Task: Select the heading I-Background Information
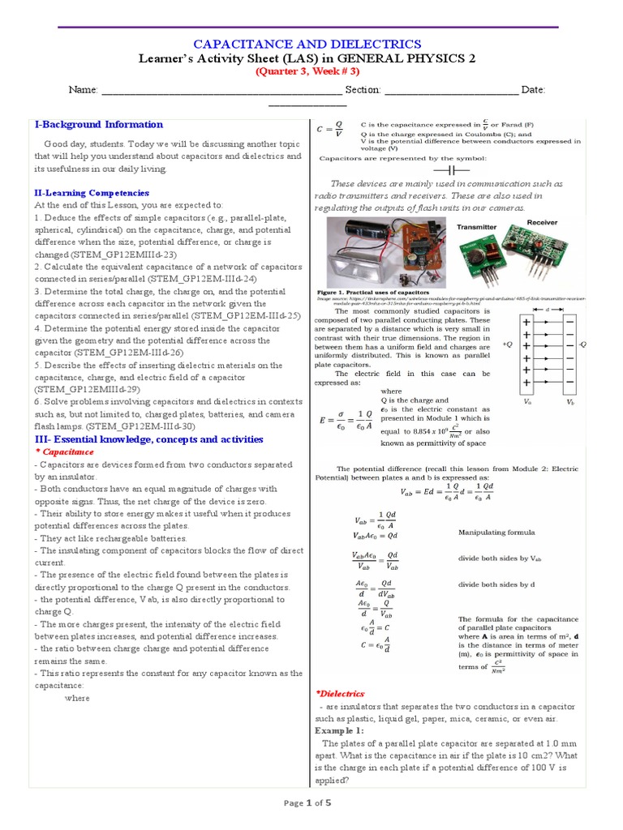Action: [x=98, y=125]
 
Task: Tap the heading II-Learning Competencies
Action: [x=92, y=193]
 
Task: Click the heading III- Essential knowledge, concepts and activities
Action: [x=148, y=439]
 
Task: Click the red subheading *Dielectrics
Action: [x=340, y=694]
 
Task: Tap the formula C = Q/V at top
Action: [x=330, y=130]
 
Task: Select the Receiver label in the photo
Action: [x=543, y=221]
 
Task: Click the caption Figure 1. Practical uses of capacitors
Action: [x=372, y=292]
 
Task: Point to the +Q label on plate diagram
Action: [x=507, y=344]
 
